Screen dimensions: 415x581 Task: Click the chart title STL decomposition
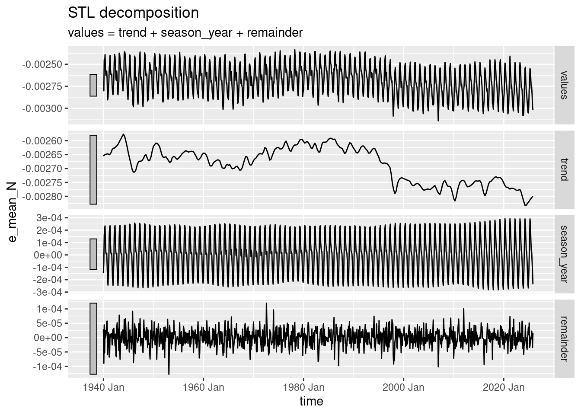(133, 13)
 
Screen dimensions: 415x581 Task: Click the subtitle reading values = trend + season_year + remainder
(185, 33)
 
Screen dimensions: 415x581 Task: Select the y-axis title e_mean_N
(13, 212)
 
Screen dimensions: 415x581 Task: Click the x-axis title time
(311, 402)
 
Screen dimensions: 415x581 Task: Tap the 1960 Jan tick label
(204, 387)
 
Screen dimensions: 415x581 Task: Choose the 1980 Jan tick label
(303, 387)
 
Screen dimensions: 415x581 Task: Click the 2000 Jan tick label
(404, 387)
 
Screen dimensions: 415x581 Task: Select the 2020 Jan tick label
(504, 387)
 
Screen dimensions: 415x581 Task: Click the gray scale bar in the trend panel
(93, 169)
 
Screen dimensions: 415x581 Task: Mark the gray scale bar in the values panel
(93, 85)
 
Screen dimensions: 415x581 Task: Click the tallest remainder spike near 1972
(266, 303)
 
